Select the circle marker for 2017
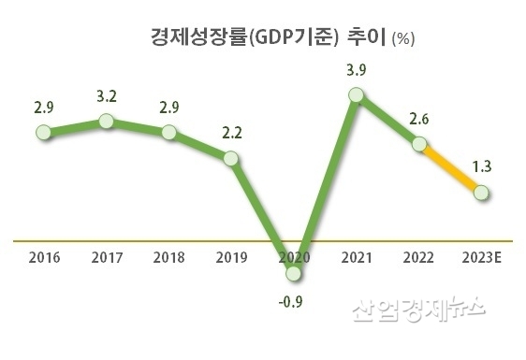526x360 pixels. pos(106,122)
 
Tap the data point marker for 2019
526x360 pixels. pos(231,160)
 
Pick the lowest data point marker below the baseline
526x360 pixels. pos(294,274)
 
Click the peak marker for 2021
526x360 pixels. pos(356,94)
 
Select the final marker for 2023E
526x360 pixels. pos(481,194)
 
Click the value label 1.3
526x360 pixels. pos(482,167)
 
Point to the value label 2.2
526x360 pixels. pos(231,134)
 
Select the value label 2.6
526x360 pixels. pos(419,118)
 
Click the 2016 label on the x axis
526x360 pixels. pos(43,256)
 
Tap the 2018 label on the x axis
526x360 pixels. pos(168,256)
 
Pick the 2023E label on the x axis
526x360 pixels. pos(481,256)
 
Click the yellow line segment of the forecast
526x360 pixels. pos(450,169)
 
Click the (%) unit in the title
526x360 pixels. pos(404,39)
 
